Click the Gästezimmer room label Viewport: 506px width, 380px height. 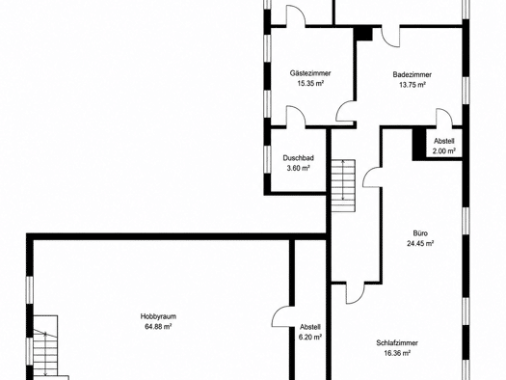[x=310, y=73]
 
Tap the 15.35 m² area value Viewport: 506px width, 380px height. [x=310, y=83]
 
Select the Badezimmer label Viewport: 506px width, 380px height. [x=413, y=74]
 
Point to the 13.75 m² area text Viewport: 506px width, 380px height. [x=413, y=85]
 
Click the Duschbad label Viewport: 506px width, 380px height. [x=299, y=158]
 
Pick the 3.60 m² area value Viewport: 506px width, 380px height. [x=299, y=168]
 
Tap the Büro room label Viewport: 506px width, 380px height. [x=420, y=233]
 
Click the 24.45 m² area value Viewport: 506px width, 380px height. [x=420, y=243]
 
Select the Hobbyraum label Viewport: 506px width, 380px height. [x=158, y=316]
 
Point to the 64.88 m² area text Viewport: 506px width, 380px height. [x=158, y=326]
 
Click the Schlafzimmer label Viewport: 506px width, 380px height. [x=397, y=342]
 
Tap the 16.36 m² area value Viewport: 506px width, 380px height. [x=397, y=353]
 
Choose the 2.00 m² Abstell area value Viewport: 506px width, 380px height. [x=444, y=150]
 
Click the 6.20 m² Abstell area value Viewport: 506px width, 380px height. [x=310, y=337]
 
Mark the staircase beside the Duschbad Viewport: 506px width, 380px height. [x=343, y=185]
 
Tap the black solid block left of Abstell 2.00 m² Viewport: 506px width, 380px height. [x=419, y=145]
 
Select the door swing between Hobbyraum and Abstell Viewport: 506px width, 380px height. [x=280, y=316]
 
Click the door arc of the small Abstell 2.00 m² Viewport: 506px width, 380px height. [x=444, y=117]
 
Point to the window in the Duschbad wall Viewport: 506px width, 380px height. [x=267, y=160]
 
